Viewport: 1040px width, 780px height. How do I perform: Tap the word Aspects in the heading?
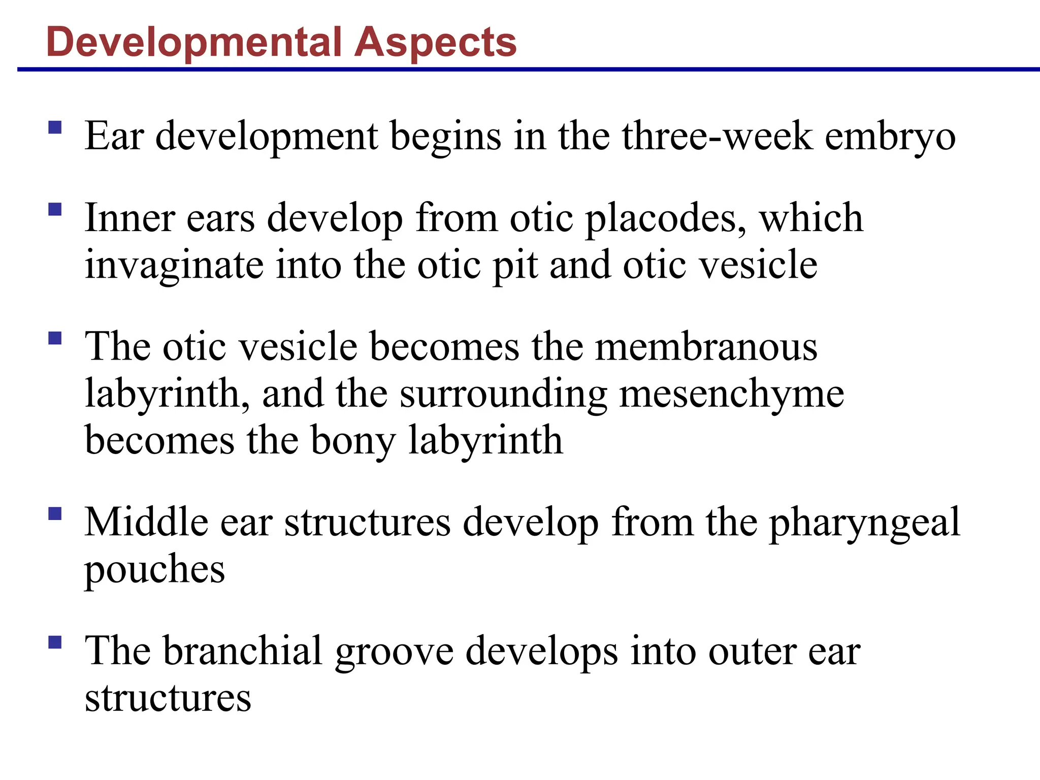click(435, 43)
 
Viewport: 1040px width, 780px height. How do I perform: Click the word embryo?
click(890, 137)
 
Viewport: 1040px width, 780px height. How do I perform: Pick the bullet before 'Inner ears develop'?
click(55, 209)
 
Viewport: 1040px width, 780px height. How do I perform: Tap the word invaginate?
click(174, 266)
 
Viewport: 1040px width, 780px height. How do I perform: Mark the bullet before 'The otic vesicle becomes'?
click(55, 338)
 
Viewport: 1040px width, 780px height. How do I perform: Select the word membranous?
click(706, 347)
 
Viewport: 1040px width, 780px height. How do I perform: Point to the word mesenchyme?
click(732, 394)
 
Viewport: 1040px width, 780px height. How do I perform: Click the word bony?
click(353, 441)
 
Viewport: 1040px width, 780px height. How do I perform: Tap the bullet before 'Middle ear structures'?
click(55, 514)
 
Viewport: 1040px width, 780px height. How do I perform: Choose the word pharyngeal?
click(864, 523)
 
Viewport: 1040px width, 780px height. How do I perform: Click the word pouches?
click(154, 570)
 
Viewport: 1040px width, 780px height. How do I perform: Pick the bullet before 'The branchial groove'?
click(55, 642)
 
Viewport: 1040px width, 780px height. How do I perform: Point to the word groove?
click(394, 652)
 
